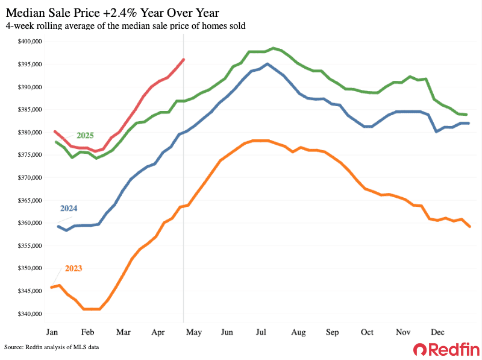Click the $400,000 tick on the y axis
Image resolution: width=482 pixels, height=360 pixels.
pyautogui.click(x=29, y=42)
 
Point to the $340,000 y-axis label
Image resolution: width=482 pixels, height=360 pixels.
pyautogui.click(x=29, y=314)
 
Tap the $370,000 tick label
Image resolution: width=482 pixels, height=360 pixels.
pyautogui.click(x=29, y=178)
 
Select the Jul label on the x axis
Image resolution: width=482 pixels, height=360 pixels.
pyautogui.click(x=262, y=332)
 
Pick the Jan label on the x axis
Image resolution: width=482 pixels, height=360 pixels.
pyautogui.click(x=52, y=332)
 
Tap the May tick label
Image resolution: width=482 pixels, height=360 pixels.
pyautogui.click(x=195, y=332)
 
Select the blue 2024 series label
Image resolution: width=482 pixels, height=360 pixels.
pyautogui.click(x=68, y=208)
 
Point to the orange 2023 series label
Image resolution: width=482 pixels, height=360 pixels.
pyautogui.click(x=70, y=268)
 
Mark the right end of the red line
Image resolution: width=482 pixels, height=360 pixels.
pyautogui.click(x=183, y=59)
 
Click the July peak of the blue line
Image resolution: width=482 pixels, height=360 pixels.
pyautogui.click(x=267, y=64)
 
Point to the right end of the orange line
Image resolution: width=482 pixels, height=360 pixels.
pyautogui.click(x=469, y=227)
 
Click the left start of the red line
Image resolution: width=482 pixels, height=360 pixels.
pyautogui.click(x=55, y=131)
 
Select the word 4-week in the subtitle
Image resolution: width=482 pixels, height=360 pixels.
pyautogui.click(x=19, y=25)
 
